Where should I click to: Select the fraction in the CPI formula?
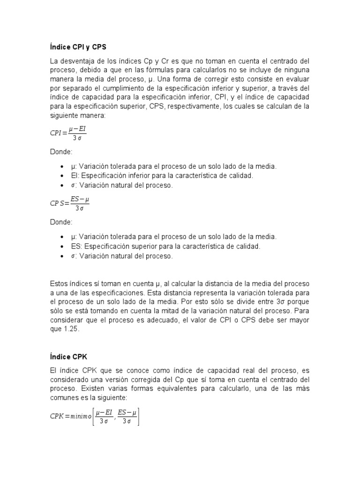coord(77,133)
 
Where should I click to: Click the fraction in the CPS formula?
coord(80,203)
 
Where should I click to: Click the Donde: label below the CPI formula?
coord(61,152)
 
